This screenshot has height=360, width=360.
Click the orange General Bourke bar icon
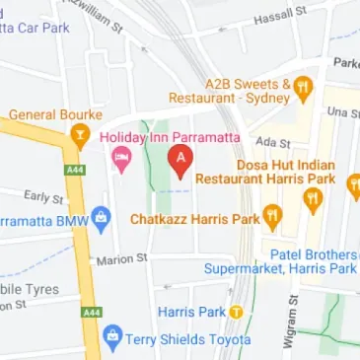(x=81, y=134)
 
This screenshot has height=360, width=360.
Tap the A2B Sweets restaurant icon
(x=304, y=84)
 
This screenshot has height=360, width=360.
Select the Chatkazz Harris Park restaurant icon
(x=273, y=216)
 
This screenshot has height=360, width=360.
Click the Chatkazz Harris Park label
(x=194, y=217)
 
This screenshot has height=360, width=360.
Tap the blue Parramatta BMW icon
(x=101, y=218)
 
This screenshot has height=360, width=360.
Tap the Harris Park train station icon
(x=236, y=312)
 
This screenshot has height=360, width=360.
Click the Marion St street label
(x=121, y=258)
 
